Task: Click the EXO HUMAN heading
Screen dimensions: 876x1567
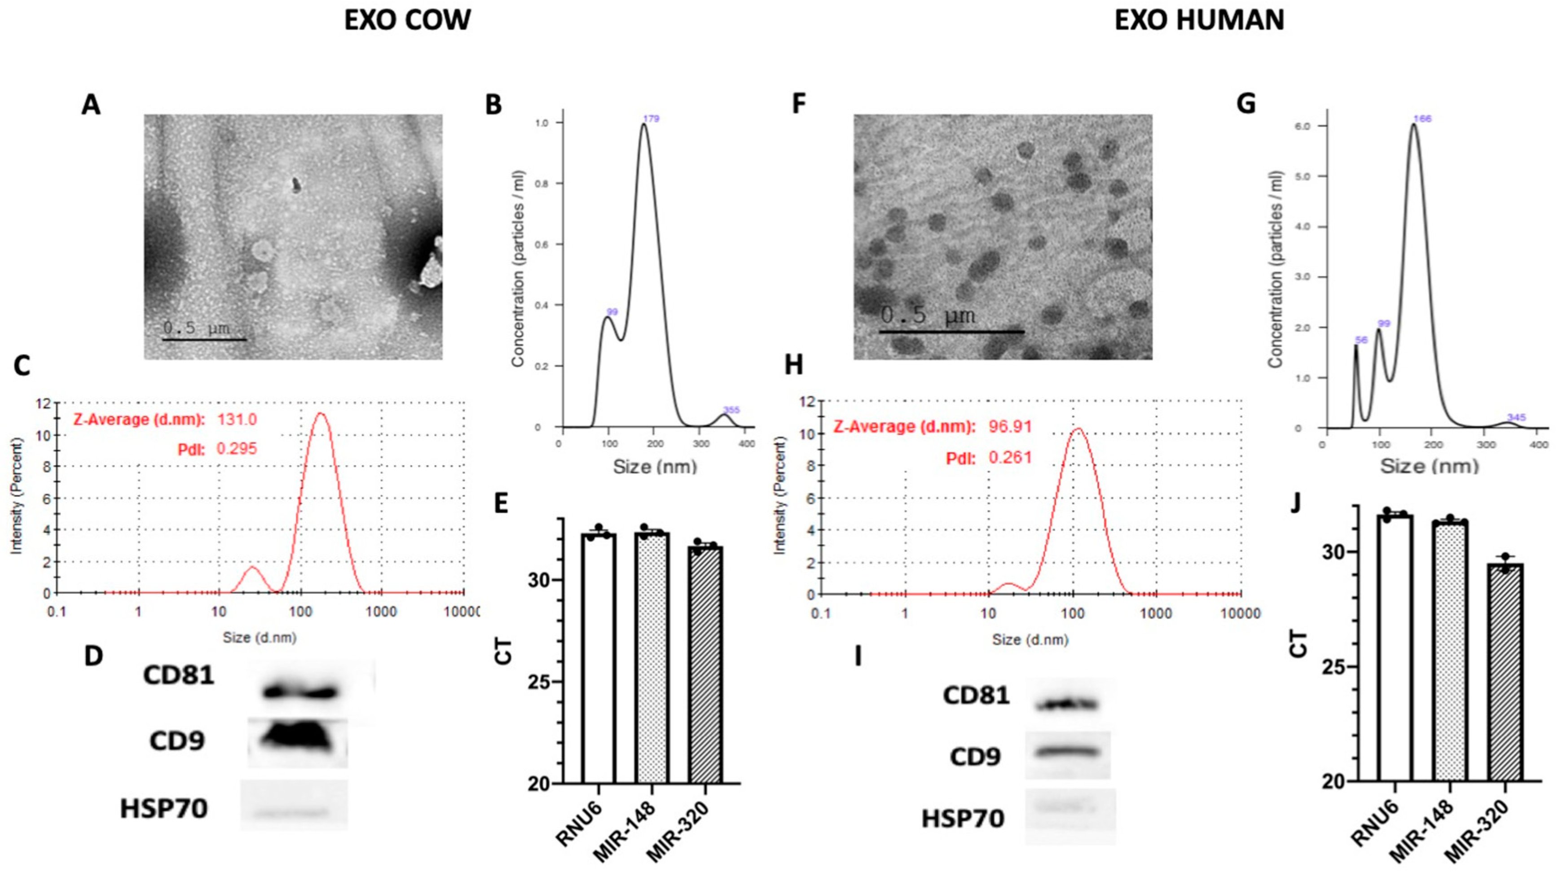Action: [1199, 21]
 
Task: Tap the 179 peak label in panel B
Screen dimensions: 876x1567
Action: [651, 118]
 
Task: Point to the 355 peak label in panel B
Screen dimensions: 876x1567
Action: [731, 410]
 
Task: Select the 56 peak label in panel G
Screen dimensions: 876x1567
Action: [1361, 340]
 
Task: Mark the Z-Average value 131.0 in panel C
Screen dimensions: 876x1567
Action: [237, 420]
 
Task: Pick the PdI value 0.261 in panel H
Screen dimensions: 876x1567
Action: [1010, 457]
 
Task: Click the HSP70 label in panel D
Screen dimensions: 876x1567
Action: [164, 809]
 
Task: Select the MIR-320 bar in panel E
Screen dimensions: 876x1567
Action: [706, 665]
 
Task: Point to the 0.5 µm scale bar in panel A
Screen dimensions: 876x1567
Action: [204, 339]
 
